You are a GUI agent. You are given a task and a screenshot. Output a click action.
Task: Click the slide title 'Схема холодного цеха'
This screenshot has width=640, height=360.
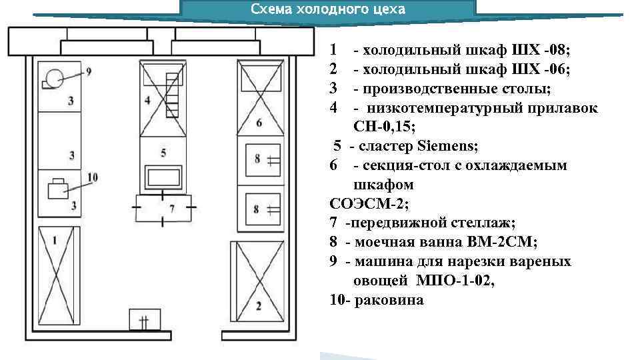[327, 9]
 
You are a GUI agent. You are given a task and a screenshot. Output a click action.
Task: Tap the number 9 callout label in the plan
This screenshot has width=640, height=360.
[88, 71]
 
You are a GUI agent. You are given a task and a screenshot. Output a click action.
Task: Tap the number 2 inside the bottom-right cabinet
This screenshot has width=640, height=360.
[259, 306]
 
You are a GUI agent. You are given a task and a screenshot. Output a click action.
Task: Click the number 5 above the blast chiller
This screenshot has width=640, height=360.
[163, 153]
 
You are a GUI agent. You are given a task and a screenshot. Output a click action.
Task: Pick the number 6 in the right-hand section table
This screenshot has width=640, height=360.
[259, 122]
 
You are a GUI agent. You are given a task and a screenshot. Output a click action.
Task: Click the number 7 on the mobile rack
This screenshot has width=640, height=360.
[171, 209]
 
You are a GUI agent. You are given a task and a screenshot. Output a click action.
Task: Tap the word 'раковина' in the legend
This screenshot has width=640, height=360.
[390, 300]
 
